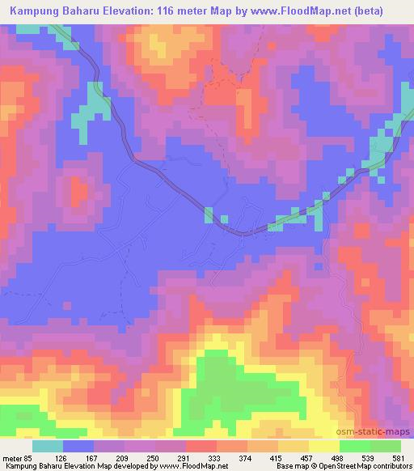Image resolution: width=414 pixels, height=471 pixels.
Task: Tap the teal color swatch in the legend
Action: [49, 447]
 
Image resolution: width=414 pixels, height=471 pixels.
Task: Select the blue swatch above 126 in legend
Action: [79, 447]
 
